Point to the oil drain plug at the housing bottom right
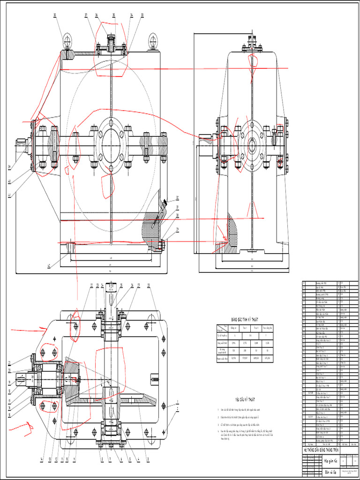coord(162,244)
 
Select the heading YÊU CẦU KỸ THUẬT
coord(242,399)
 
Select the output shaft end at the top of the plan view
coord(111,288)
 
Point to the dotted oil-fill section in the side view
coord(231,232)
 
